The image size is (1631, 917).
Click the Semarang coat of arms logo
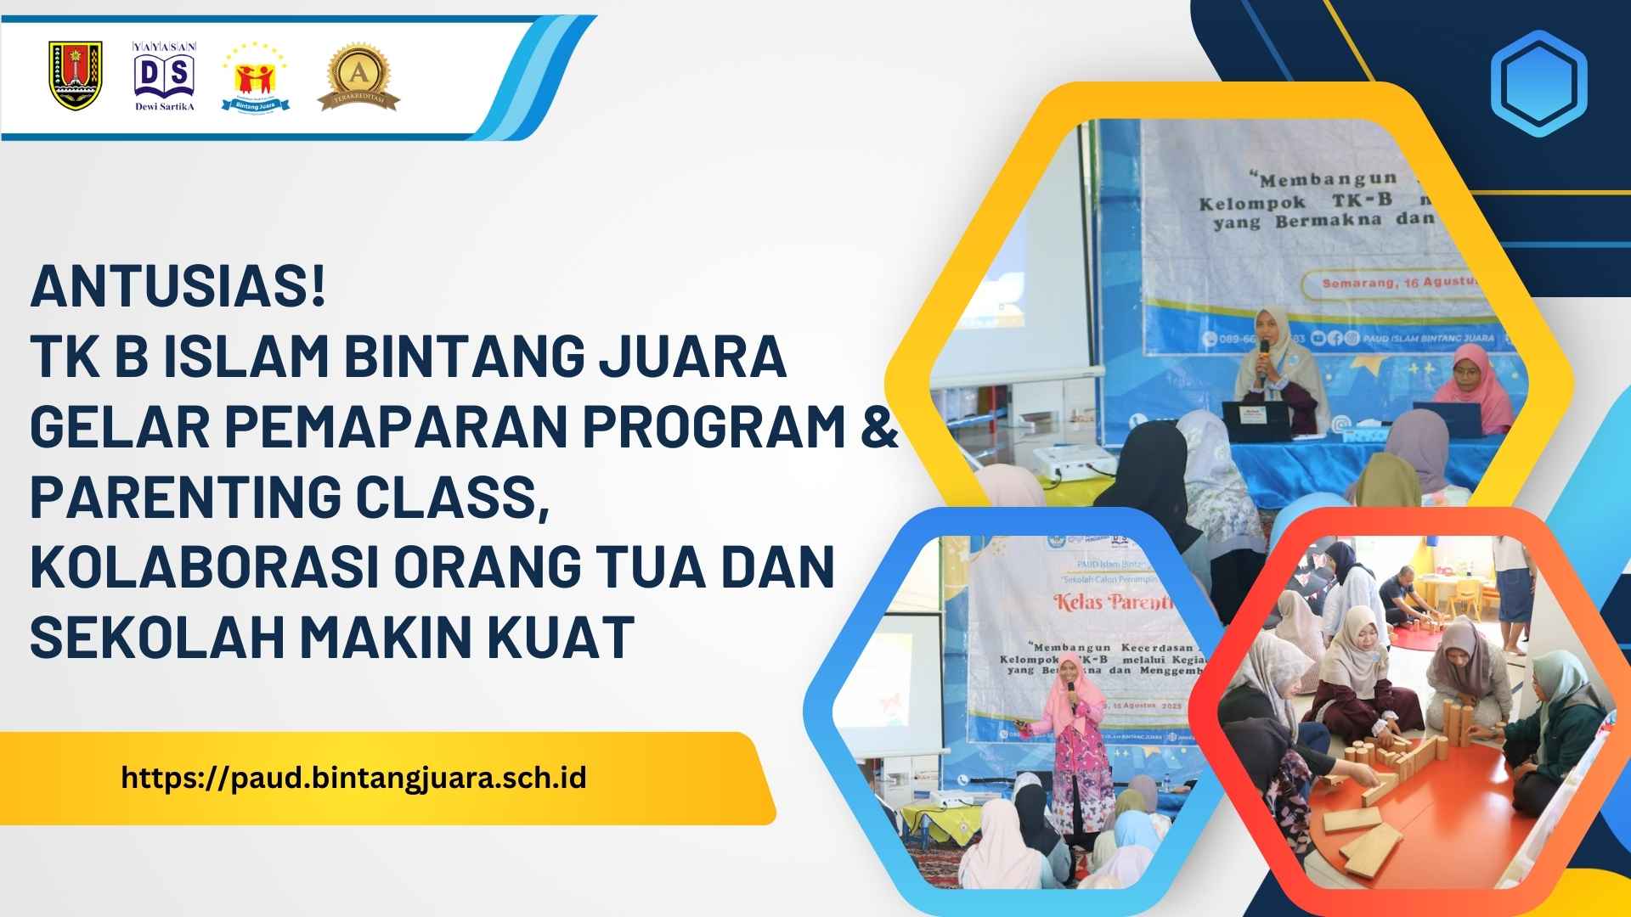pyautogui.click(x=76, y=76)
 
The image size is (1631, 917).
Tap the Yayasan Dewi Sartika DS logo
pyautogui.click(x=165, y=76)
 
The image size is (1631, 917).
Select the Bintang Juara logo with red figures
pyautogui.click(x=256, y=78)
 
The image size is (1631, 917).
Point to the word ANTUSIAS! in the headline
pyautogui.click(x=178, y=288)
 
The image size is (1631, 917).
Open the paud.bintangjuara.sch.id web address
pyautogui.click(x=353, y=778)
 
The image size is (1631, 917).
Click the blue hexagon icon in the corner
pyautogui.click(x=1538, y=83)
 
